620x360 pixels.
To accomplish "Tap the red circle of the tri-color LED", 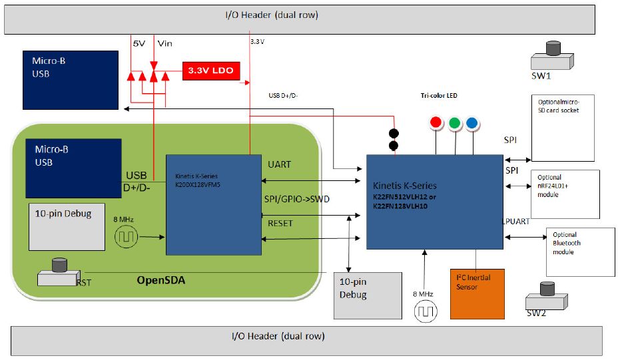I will (437, 122).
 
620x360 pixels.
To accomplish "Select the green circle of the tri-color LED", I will (455, 122).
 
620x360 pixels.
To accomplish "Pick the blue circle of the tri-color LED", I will (471, 122).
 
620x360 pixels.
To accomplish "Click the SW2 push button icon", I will (547, 297).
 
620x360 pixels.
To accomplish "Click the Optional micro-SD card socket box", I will (563, 128).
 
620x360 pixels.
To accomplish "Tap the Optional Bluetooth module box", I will (580, 252).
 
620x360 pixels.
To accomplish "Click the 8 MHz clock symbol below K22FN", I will (425, 311).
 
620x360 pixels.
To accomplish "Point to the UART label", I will (279, 164).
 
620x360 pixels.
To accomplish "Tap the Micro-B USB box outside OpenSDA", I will (66, 79).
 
